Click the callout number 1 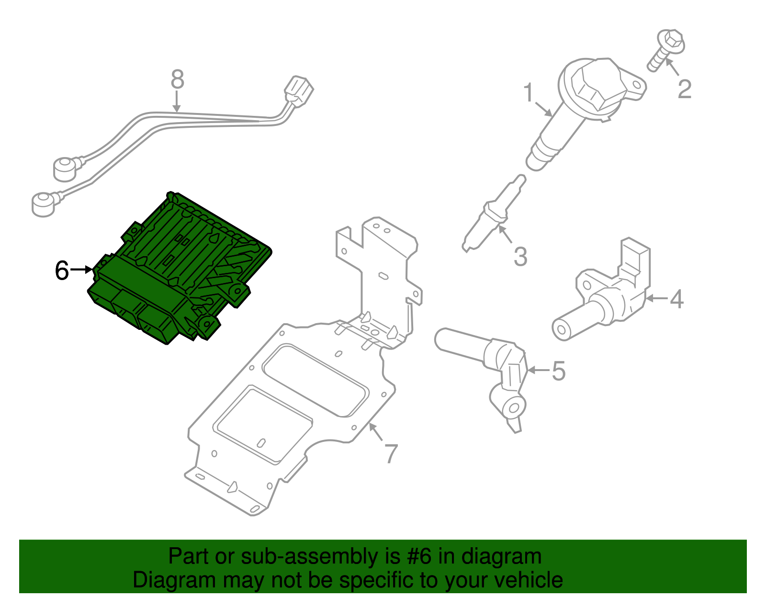tap(529, 92)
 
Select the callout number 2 tap(685, 89)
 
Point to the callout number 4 tap(676, 299)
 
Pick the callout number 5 tap(558, 371)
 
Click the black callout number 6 tap(62, 271)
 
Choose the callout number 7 tap(391, 454)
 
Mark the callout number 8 tap(177, 79)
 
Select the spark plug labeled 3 tap(494, 214)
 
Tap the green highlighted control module tap(180, 268)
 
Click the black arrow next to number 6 tap(81, 270)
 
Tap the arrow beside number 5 tap(538, 370)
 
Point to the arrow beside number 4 tap(656, 298)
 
